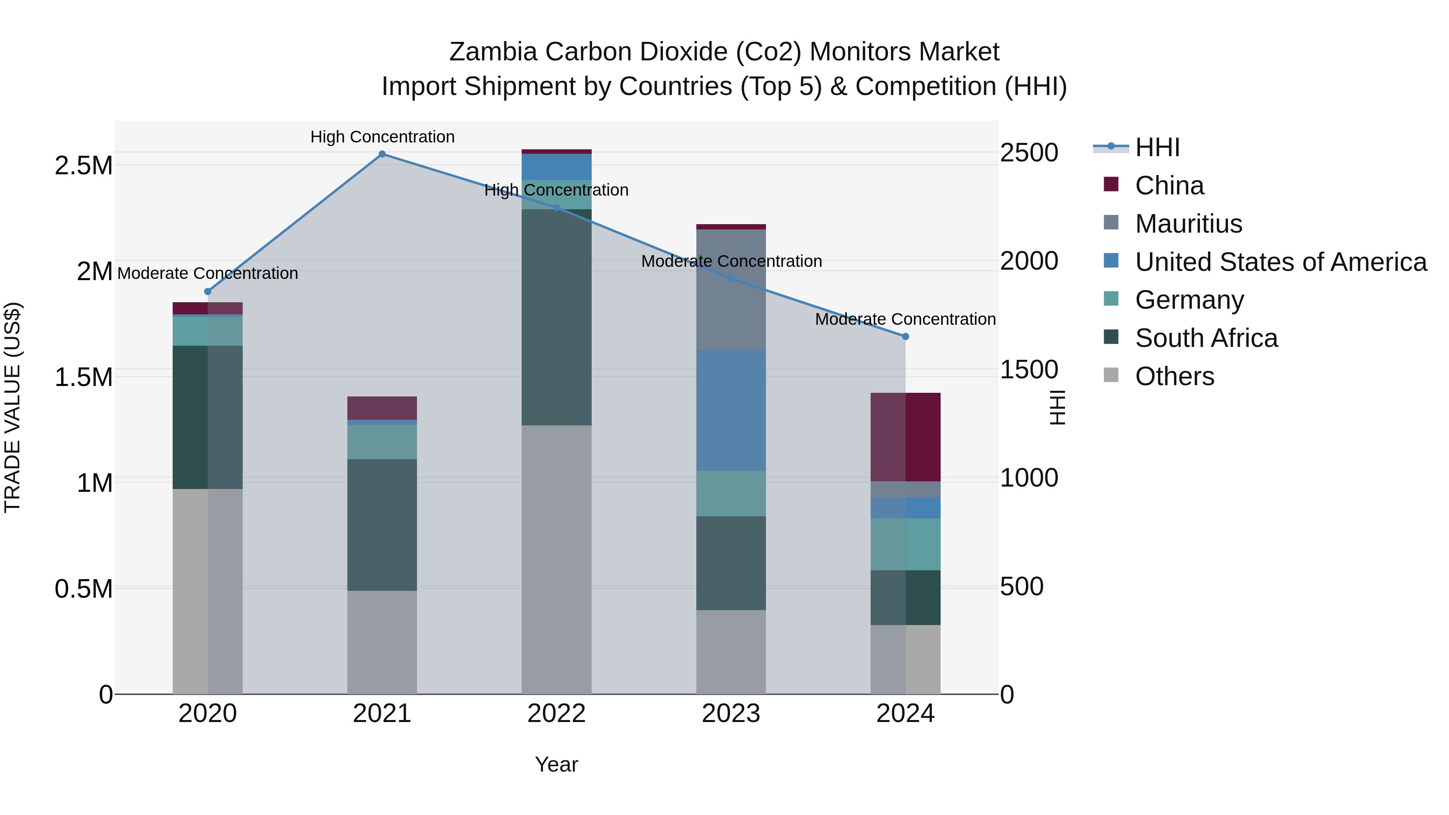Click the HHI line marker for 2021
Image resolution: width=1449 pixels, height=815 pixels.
coord(382,154)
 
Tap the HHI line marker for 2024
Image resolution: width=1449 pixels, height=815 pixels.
coord(905,336)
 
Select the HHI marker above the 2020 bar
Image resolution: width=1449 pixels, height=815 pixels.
coord(208,291)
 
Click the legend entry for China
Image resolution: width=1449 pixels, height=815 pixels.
coord(1169,186)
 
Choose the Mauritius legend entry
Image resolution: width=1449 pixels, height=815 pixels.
coord(1188,224)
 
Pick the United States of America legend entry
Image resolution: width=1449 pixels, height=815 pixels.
coord(1280,262)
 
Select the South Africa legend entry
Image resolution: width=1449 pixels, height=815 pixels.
coord(1206,338)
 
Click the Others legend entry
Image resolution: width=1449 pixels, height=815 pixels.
coord(1174,376)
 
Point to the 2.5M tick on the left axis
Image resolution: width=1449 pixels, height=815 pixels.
coord(83,166)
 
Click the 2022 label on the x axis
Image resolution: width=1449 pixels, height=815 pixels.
coord(556,714)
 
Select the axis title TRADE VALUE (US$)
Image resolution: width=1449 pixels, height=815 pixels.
coord(12,407)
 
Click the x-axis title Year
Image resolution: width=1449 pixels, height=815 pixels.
coord(556,764)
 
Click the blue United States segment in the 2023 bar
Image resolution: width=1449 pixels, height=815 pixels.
coord(731,411)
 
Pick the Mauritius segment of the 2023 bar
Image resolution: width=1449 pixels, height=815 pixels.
coord(731,290)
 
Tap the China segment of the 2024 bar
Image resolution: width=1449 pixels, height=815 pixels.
coord(905,437)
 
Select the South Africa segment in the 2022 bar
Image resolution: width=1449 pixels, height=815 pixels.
coord(556,317)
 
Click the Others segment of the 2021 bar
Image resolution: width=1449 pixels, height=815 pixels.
coord(382,642)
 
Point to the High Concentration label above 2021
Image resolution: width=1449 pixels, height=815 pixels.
coord(382,137)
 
